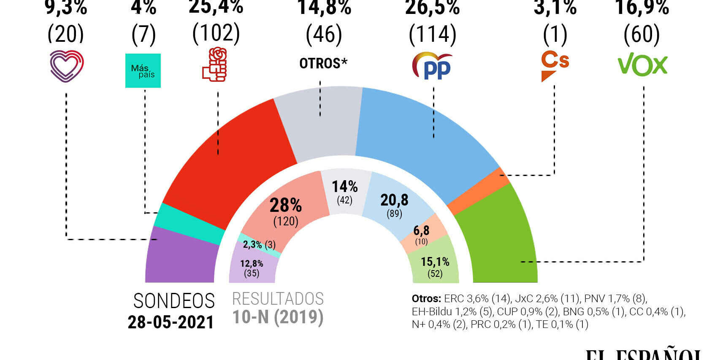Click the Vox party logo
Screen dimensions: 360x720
(642, 65)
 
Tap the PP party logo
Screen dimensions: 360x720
(432, 66)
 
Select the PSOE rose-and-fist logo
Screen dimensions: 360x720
(215, 65)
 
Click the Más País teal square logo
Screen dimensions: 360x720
(143, 70)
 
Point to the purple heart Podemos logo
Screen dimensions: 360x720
(67, 66)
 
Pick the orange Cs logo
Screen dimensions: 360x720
(555, 65)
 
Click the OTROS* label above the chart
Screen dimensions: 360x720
(323, 63)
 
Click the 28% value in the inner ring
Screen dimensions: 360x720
(286, 206)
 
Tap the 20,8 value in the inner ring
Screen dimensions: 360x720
(394, 200)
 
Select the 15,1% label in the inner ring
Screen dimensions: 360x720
(435, 262)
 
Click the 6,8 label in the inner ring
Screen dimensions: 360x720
(421, 230)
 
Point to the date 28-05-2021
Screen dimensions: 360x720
(171, 322)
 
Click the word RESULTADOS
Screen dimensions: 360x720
(278, 299)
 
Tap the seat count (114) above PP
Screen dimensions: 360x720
(433, 35)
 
